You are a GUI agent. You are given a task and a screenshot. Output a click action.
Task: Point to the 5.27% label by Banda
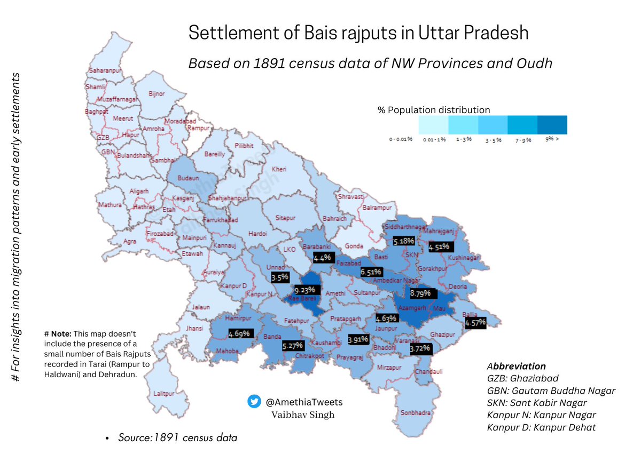[293, 346]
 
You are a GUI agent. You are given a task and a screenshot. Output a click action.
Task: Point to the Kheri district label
[279, 169]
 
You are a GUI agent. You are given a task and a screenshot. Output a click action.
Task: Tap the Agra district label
[130, 241]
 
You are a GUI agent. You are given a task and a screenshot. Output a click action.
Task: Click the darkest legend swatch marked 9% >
[552, 125]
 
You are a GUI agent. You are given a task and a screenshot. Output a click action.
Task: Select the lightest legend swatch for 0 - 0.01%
[433, 125]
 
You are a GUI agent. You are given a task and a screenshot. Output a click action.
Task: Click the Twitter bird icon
[254, 402]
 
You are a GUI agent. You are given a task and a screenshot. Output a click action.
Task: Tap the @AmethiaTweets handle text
[304, 402]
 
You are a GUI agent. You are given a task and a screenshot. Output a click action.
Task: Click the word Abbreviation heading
[516, 367]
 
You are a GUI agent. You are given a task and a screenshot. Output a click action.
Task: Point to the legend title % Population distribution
[433, 110]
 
